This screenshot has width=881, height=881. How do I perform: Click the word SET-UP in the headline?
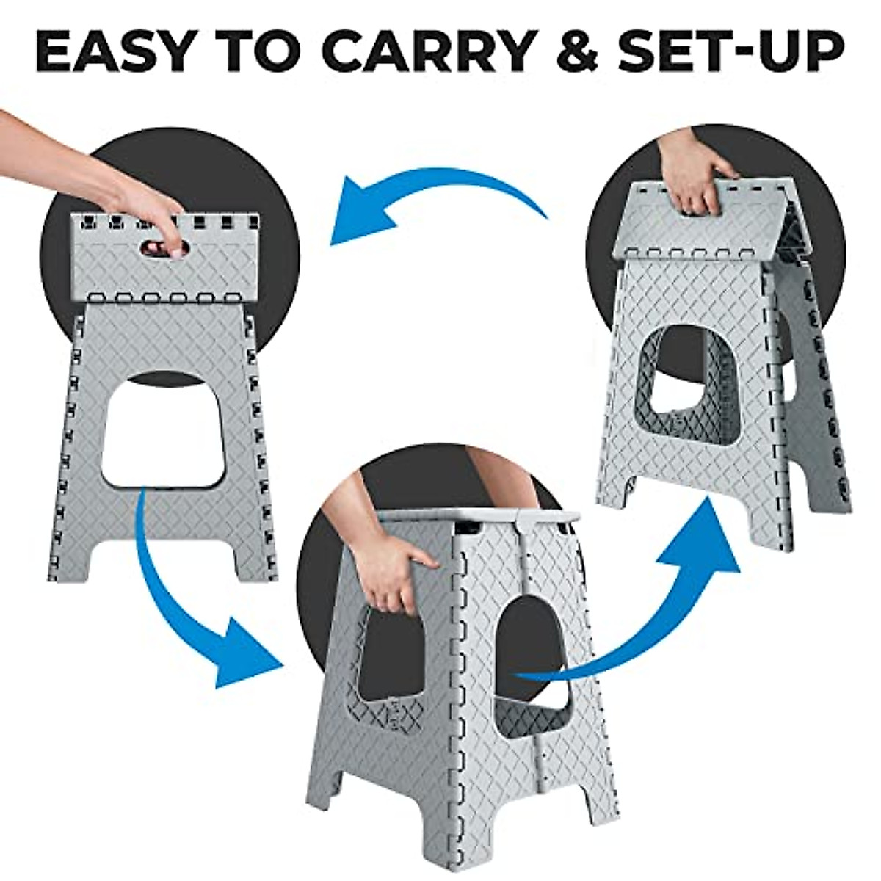click(734, 52)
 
